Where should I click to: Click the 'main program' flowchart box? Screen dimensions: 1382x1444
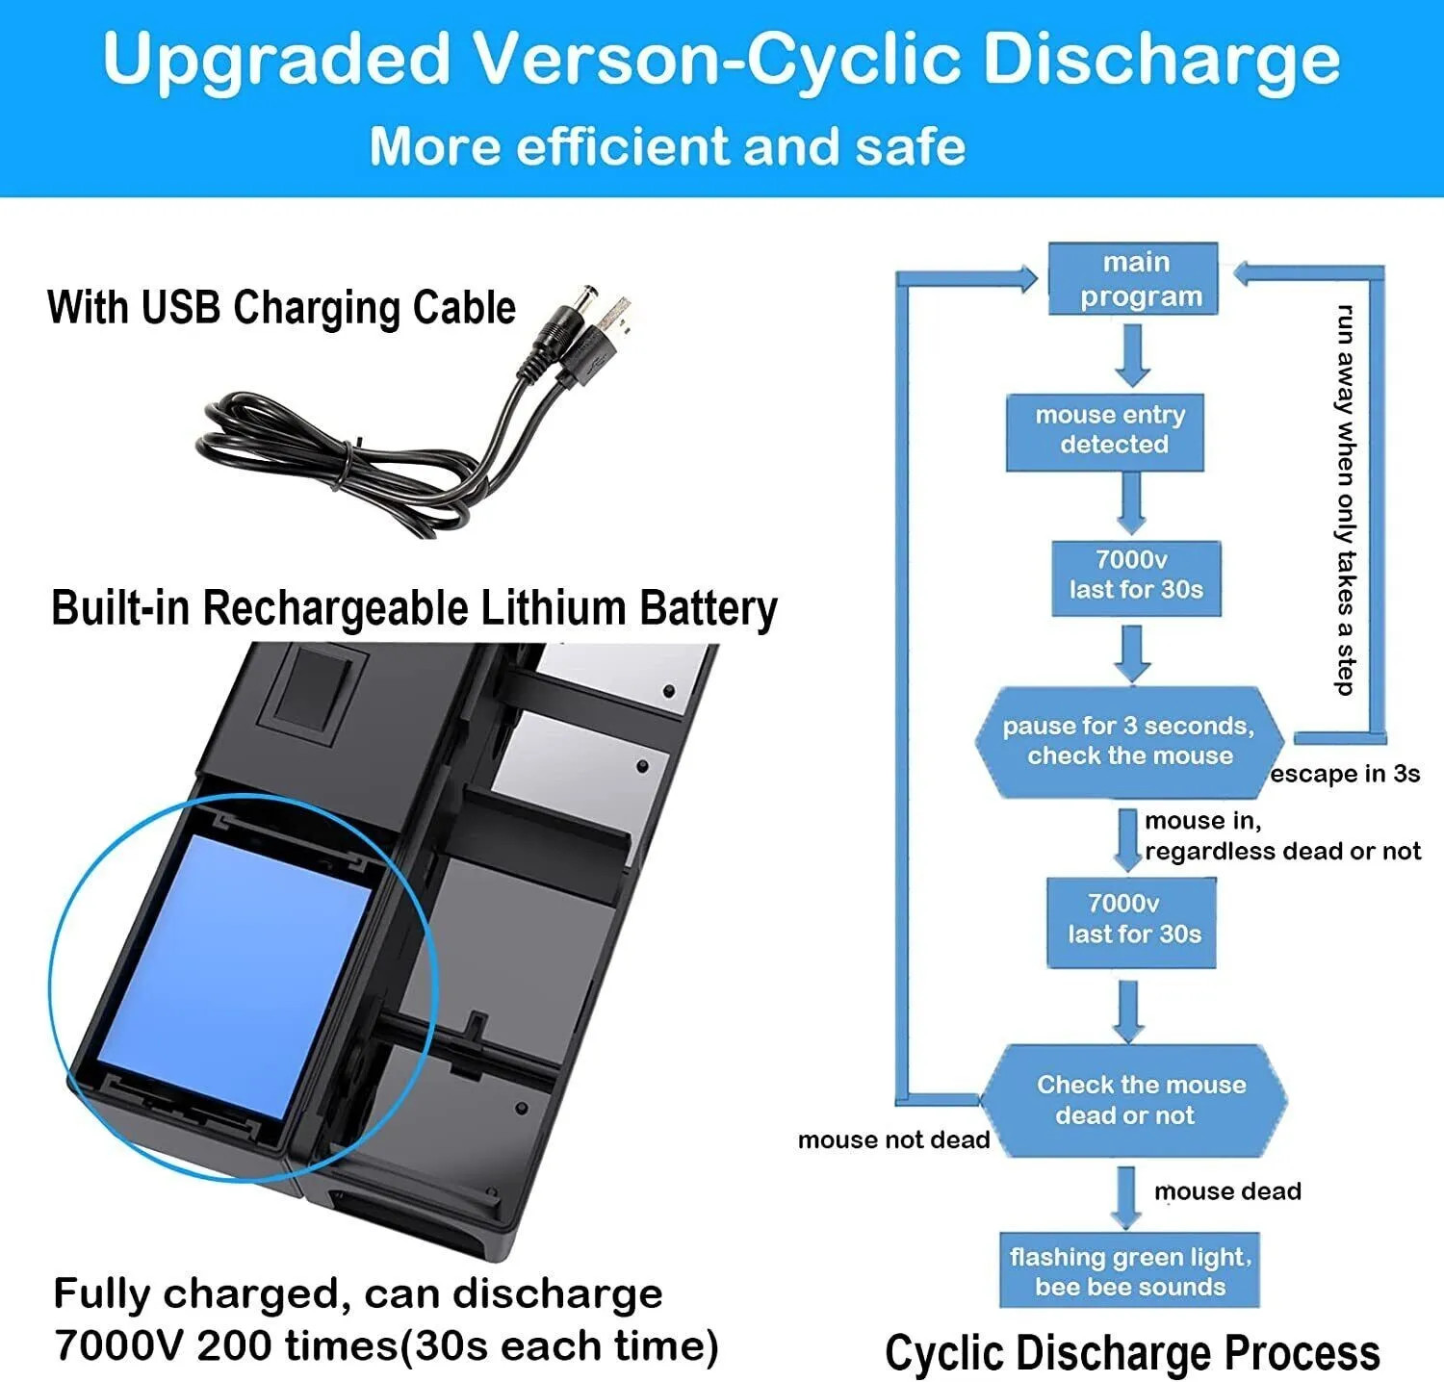[x=1133, y=278]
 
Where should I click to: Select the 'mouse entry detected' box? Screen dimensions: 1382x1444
[x=1105, y=431]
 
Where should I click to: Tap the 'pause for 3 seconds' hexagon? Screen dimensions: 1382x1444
[x=1128, y=741]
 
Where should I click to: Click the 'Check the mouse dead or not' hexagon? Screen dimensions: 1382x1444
[x=1134, y=1100]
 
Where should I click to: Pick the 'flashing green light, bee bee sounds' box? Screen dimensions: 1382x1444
[x=1129, y=1270]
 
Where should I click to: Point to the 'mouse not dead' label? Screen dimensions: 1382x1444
[x=893, y=1140]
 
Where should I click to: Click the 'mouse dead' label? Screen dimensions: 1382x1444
[x=1227, y=1191]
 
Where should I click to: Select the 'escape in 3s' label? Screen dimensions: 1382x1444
[x=1345, y=774]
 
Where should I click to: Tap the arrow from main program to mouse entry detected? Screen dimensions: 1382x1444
[x=1133, y=354]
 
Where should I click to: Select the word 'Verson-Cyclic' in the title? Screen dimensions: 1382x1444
[x=719, y=60]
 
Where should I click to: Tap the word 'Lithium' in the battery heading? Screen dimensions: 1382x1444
[x=553, y=608]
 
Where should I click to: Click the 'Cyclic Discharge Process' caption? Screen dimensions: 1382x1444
[x=1132, y=1352]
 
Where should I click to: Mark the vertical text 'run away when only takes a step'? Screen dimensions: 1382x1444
[x=1346, y=499]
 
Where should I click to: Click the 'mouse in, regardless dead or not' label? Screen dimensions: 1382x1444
[x=1281, y=835]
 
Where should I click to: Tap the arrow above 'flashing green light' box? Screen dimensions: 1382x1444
[x=1125, y=1196]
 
